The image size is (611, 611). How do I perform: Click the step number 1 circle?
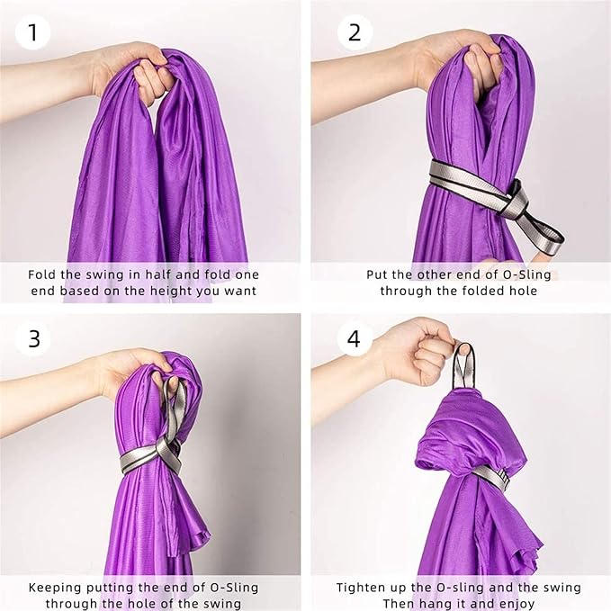coord(32,32)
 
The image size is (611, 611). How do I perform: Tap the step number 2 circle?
coord(355,32)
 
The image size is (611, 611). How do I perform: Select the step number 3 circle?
coord(33,338)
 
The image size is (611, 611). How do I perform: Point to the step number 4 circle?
coord(355,338)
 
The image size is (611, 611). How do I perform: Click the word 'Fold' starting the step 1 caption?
coord(42,274)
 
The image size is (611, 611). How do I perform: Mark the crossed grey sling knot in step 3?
coord(167,452)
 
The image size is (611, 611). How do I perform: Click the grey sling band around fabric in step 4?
coord(491,477)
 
